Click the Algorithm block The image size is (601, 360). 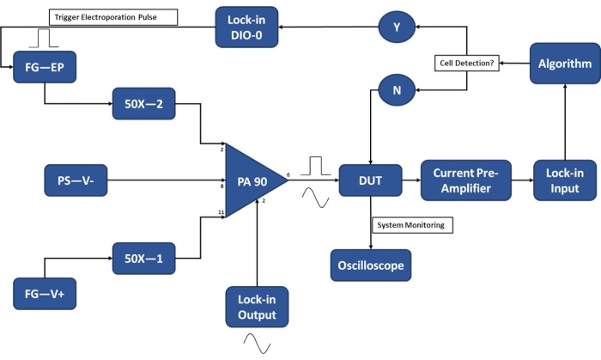tap(563, 64)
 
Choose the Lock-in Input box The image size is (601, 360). tap(563, 180)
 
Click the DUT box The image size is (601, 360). tap(370, 180)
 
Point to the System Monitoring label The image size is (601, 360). tap(412, 225)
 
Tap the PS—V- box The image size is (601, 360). tap(76, 181)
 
